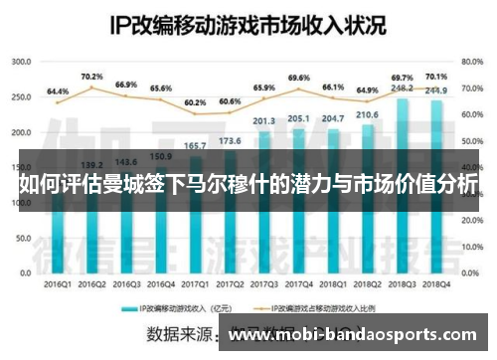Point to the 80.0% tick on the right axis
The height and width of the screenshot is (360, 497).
point(471,62)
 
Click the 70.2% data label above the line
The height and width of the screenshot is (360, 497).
point(92,77)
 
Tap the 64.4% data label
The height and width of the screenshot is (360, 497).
point(58,90)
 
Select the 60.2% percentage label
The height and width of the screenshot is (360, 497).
point(195,102)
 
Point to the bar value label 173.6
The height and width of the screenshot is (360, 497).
point(230,142)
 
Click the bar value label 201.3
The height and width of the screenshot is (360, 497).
point(264,121)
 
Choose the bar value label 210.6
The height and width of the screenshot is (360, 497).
point(368,115)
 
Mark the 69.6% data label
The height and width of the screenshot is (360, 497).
point(298,78)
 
